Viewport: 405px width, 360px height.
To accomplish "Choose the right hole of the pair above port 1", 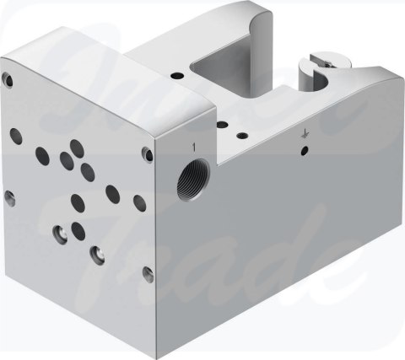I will point(243,132).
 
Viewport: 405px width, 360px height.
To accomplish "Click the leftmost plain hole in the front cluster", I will point(39,153).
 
